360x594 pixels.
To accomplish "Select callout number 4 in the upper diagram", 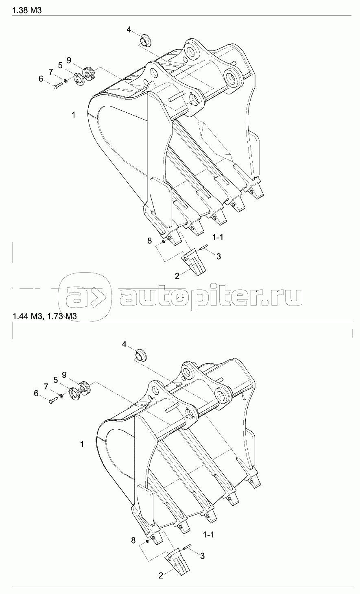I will coord(129,29).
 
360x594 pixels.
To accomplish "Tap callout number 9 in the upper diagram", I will coord(69,60).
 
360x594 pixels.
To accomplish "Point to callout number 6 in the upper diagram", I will coord(41,79).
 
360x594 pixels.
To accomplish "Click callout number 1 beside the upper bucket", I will coord(74,115).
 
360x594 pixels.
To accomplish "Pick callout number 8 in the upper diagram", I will coord(150,241).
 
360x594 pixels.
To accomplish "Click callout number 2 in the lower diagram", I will coord(161,575).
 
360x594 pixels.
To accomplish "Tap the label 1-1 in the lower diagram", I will coord(208,535).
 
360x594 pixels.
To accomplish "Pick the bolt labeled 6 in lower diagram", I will coord(53,400).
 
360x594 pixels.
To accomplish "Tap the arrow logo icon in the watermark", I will coord(85,296).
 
